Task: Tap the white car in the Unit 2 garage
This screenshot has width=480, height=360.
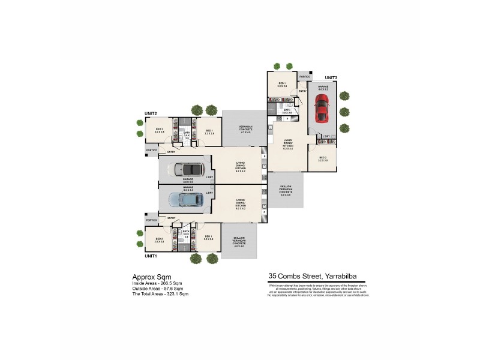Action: [187, 170]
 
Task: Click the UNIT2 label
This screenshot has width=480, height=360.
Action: [151, 113]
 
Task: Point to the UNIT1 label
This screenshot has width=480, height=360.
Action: [151, 256]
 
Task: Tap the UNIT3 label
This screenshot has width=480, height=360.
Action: [331, 78]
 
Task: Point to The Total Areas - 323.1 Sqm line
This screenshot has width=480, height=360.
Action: [160, 295]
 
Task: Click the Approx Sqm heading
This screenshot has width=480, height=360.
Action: [148, 277]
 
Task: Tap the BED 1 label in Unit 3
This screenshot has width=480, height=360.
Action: [281, 85]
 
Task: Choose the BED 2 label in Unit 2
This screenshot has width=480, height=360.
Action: [160, 130]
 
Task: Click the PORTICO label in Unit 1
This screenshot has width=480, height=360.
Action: [151, 220]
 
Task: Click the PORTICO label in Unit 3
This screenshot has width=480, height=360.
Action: [305, 77]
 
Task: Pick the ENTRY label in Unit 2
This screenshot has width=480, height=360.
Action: [172, 152]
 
